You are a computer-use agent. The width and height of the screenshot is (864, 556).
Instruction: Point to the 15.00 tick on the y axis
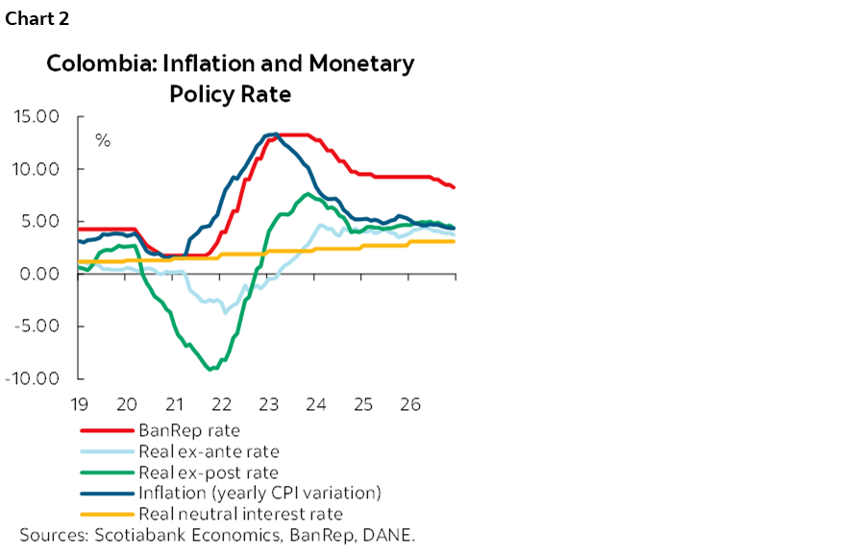[x=37, y=117]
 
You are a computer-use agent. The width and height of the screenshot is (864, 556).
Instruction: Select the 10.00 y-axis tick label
[x=37, y=169]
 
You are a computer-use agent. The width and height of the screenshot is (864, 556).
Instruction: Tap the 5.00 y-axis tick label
[x=40, y=222]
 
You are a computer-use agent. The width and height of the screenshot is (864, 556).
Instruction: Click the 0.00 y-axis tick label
[x=40, y=274]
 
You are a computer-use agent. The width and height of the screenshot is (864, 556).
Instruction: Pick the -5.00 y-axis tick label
[x=38, y=326]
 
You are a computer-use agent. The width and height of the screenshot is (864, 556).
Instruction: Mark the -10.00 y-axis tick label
[x=35, y=378]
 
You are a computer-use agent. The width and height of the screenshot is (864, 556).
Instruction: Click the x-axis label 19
[x=80, y=403]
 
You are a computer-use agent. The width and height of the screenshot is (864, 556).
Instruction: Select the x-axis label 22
[x=221, y=403]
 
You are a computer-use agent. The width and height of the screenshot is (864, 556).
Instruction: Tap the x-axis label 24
[x=315, y=403]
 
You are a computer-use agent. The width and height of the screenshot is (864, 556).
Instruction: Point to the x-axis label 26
[x=408, y=403]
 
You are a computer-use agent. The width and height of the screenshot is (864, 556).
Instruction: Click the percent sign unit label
[x=102, y=141]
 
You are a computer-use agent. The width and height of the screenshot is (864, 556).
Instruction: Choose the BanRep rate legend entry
[x=189, y=430]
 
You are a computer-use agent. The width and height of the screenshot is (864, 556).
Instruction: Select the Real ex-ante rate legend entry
[x=209, y=451]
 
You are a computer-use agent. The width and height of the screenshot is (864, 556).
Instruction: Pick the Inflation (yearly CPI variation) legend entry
[x=260, y=494]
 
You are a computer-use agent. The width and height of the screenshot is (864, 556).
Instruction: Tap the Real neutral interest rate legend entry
[x=240, y=514]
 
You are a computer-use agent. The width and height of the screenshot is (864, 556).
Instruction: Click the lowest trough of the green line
[x=210, y=369]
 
